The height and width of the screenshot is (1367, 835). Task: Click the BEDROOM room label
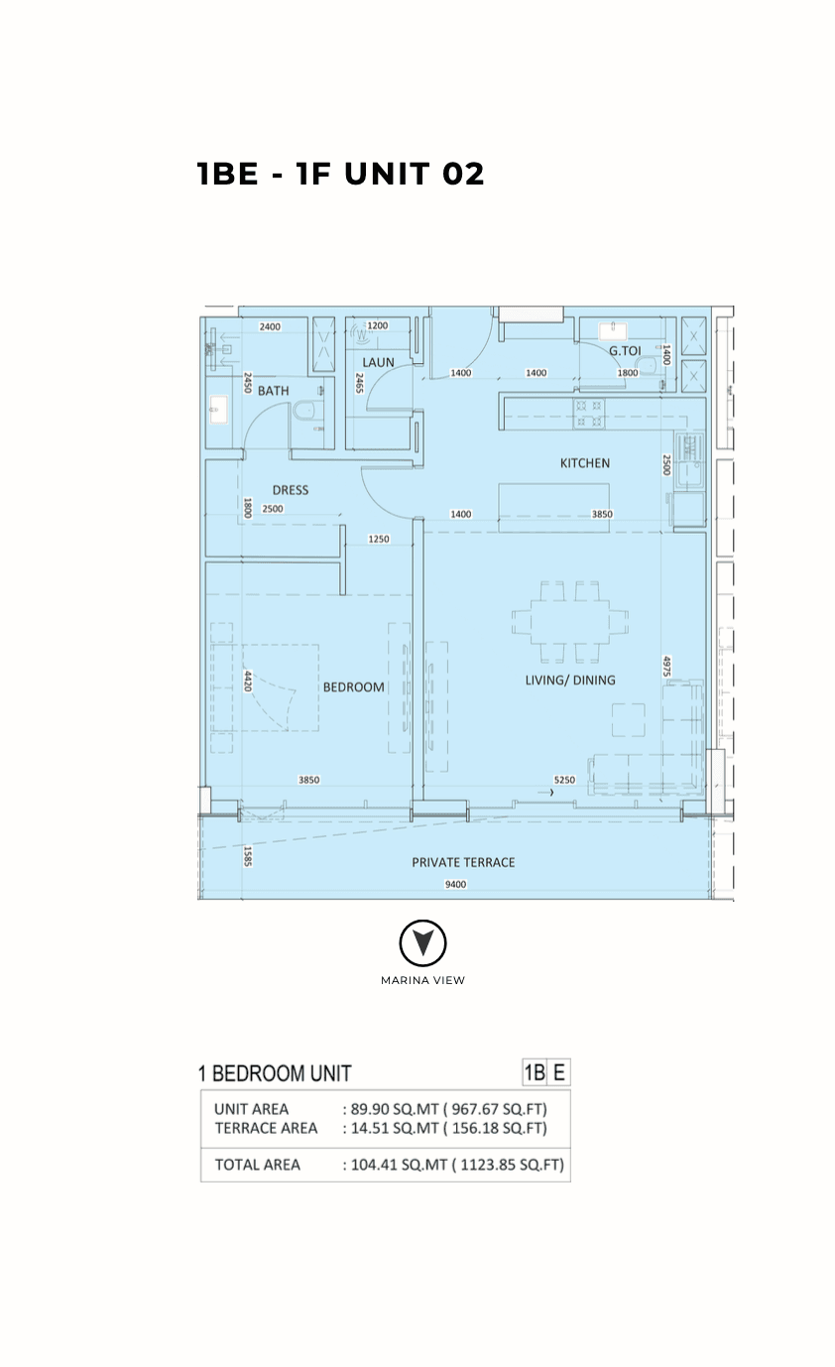[x=354, y=687]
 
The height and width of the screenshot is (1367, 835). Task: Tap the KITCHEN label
[x=585, y=463]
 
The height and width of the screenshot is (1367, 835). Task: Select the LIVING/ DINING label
[x=570, y=680]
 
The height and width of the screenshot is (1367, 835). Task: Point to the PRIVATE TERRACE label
[x=463, y=862]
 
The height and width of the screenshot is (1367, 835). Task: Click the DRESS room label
[x=291, y=490]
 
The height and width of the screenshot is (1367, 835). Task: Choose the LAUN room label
[x=378, y=362]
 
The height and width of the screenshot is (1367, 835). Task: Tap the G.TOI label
[x=625, y=351]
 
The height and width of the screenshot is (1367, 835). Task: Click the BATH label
[x=274, y=391]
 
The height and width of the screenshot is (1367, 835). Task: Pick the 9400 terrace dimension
[x=455, y=884]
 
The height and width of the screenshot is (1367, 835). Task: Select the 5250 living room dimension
[x=564, y=780]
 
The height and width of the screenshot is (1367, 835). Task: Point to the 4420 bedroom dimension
[x=248, y=682]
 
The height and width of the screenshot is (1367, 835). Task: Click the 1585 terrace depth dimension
[x=248, y=855]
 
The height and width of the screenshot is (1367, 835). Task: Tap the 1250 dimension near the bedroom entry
[x=378, y=539]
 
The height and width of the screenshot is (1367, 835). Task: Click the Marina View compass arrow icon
[x=422, y=942]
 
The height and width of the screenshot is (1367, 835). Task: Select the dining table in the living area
[x=570, y=621]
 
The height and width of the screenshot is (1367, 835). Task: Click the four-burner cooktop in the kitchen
[x=589, y=413]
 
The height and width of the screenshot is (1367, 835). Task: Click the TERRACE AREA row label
[x=266, y=1128]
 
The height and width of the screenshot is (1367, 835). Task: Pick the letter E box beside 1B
[x=559, y=1072]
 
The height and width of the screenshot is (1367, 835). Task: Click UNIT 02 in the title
[x=415, y=174]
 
